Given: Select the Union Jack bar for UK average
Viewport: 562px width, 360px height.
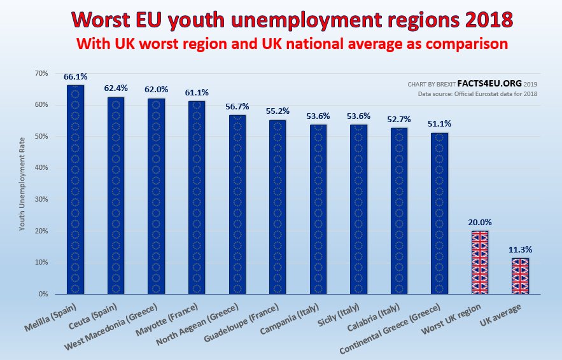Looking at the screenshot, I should (x=520, y=276).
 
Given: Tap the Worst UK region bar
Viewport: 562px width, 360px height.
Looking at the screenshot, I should (x=479, y=262).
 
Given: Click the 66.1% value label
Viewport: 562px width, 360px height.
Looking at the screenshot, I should (x=75, y=77).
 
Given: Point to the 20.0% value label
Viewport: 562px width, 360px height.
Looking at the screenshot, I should (x=479, y=223).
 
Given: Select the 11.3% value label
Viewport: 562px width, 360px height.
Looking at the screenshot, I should (x=520, y=250).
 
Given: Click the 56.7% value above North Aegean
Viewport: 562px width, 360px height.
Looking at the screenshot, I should (x=237, y=107).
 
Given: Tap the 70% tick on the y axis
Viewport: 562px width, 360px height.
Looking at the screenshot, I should (x=41, y=73).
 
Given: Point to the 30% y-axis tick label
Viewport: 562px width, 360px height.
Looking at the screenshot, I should (x=41, y=199).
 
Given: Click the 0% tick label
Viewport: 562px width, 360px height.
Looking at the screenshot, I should (x=43, y=294).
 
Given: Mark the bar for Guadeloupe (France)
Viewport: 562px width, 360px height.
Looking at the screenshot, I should (x=277, y=207).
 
